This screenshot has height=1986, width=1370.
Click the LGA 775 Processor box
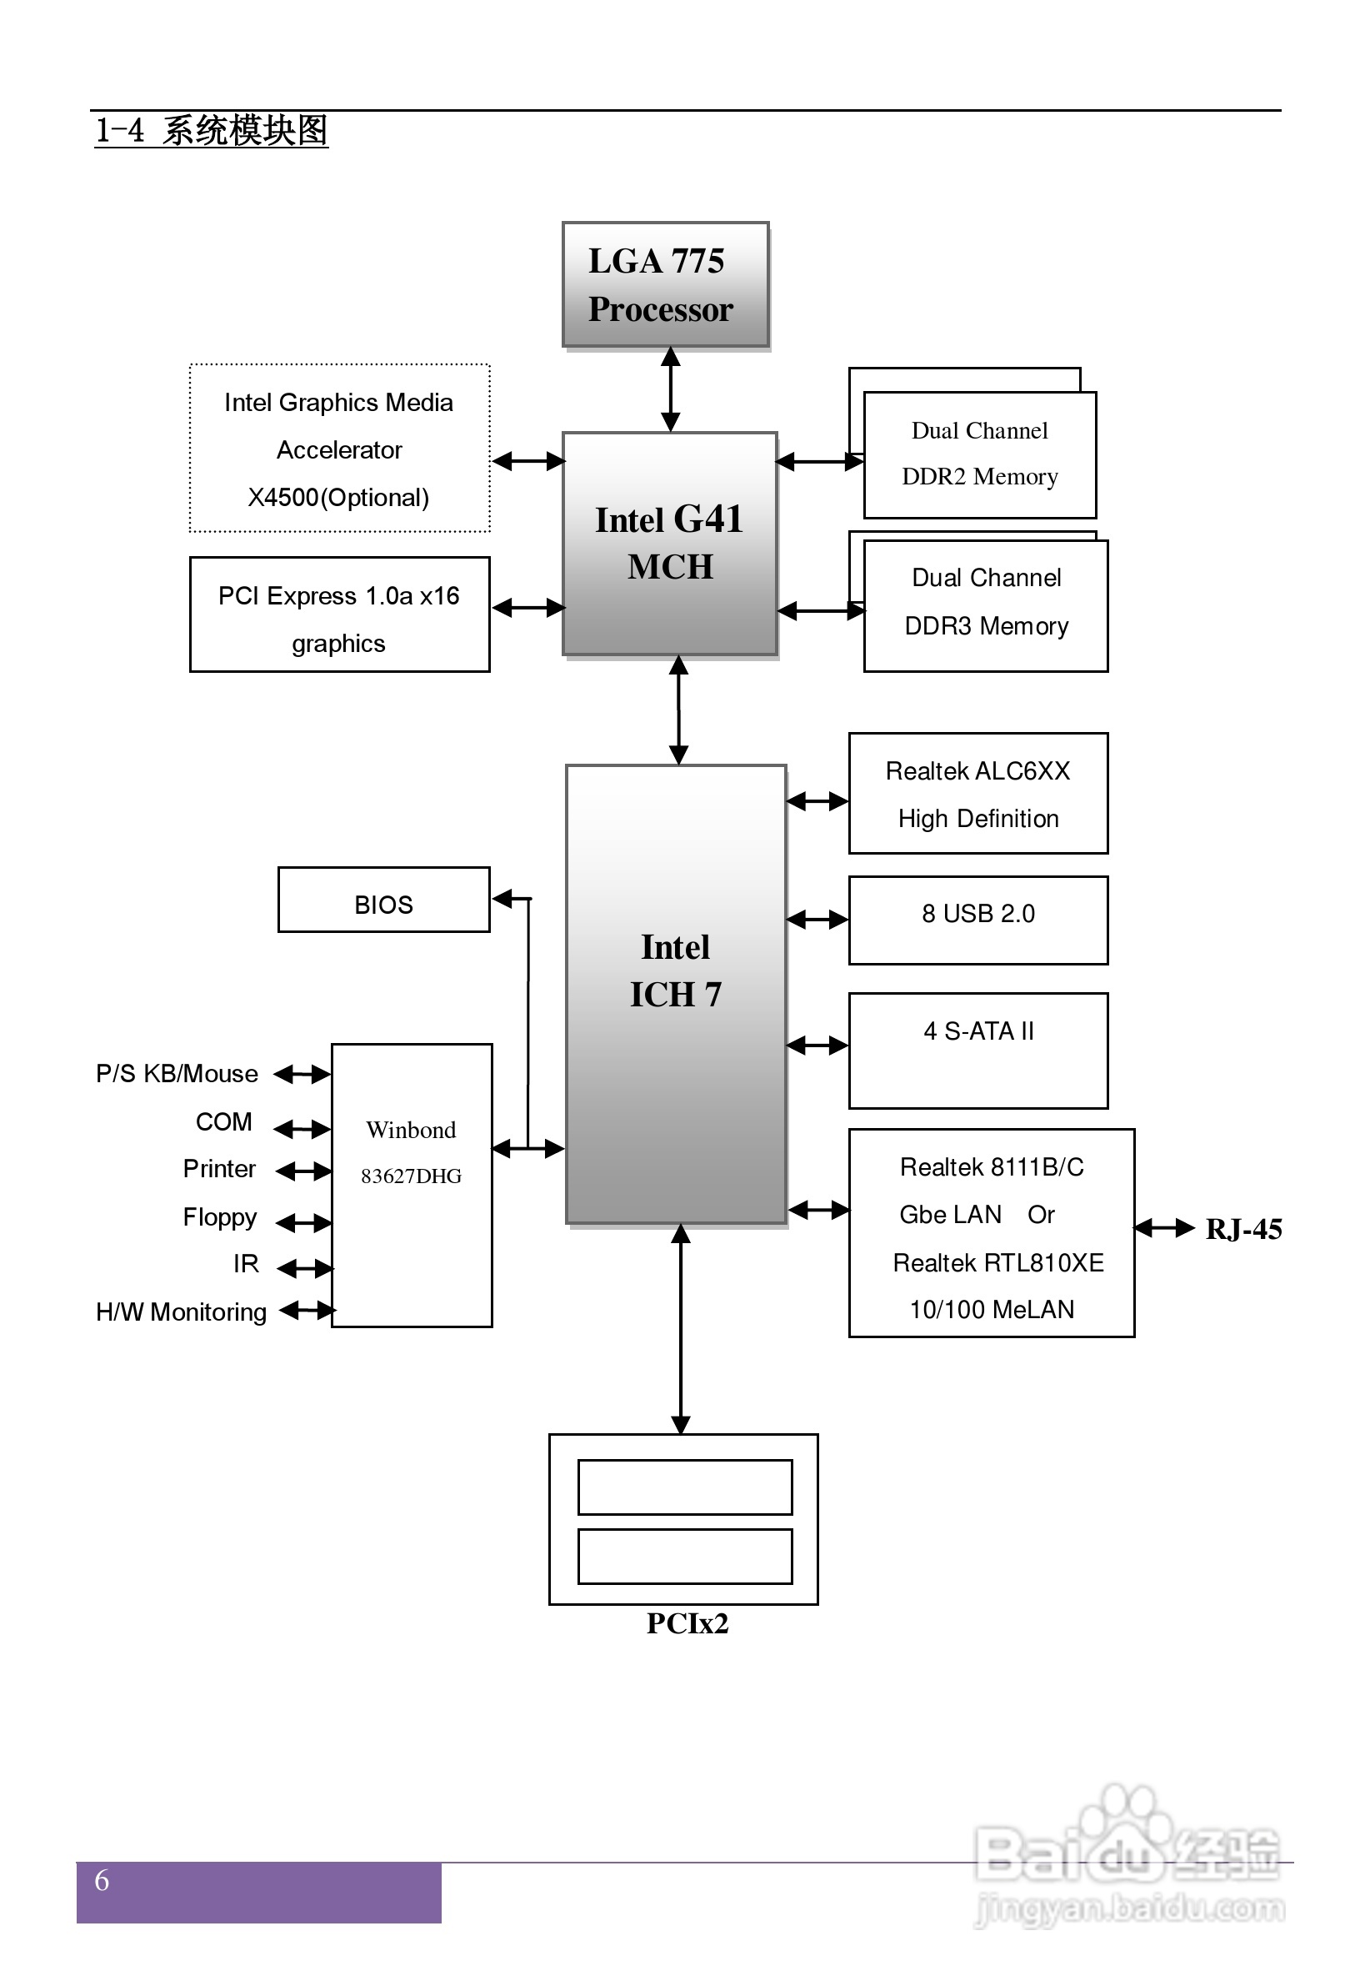click(665, 285)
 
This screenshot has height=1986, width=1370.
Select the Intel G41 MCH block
click(669, 543)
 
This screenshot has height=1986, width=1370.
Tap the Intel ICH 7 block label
click(676, 971)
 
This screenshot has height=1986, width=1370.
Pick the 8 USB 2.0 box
click(977, 920)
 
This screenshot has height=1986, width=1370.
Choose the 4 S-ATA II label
click(977, 1031)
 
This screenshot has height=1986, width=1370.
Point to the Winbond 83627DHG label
click(411, 1152)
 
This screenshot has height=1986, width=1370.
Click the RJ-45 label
click(1243, 1230)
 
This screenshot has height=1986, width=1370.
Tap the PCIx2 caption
click(687, 1623)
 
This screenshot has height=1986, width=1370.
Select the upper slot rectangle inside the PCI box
click(684, 1487)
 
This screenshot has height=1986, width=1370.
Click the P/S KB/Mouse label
click(177, 1074)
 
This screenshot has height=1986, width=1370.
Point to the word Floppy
click(220, 1217)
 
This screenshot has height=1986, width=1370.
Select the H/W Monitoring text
click(181, 1312)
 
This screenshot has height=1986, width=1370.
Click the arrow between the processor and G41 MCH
click(670, 389)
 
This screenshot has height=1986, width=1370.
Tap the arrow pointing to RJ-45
click(1164, 1229)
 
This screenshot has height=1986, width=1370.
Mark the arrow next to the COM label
click(302, 1129)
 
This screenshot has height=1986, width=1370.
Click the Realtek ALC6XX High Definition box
click(977, 794)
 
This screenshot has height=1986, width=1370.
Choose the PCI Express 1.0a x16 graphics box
click(339, 614)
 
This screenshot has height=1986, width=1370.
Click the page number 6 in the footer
click(102, 1880)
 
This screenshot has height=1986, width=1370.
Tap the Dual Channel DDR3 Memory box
click(986, 605)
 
